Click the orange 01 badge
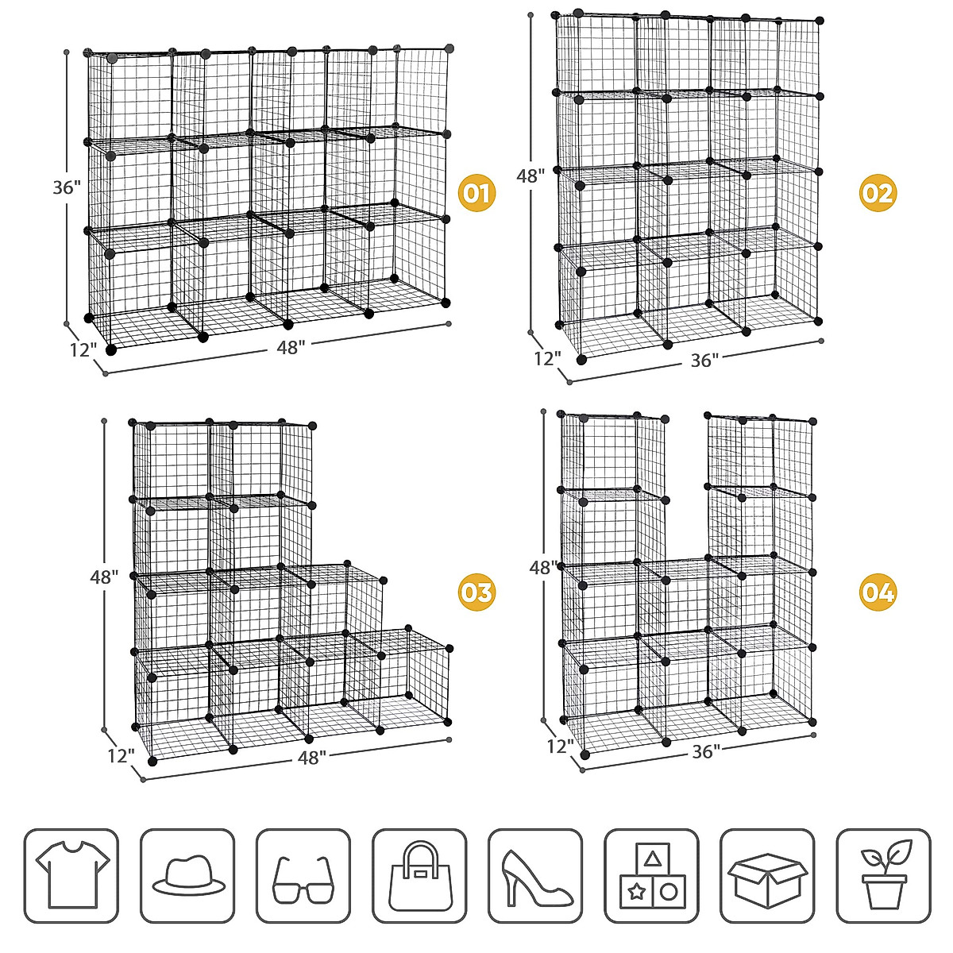click(477, 193)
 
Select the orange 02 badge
click(878, 193)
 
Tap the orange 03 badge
click(477, 592)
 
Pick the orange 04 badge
click(878, 592)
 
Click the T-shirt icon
click(71, 876)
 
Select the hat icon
click(188, 876)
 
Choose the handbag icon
click(419, 876)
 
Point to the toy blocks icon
click(651, 877)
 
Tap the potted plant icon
click(883, 876)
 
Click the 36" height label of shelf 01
click(67, 187)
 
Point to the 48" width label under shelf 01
click(291, 348)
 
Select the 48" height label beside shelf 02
click(530, 176)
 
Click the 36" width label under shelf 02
click(704, 361)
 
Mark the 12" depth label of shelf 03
click(121, 755)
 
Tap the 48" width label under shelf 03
click(312, 758)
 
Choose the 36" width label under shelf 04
click(705, 751)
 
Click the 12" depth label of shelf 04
click(560, 746)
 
